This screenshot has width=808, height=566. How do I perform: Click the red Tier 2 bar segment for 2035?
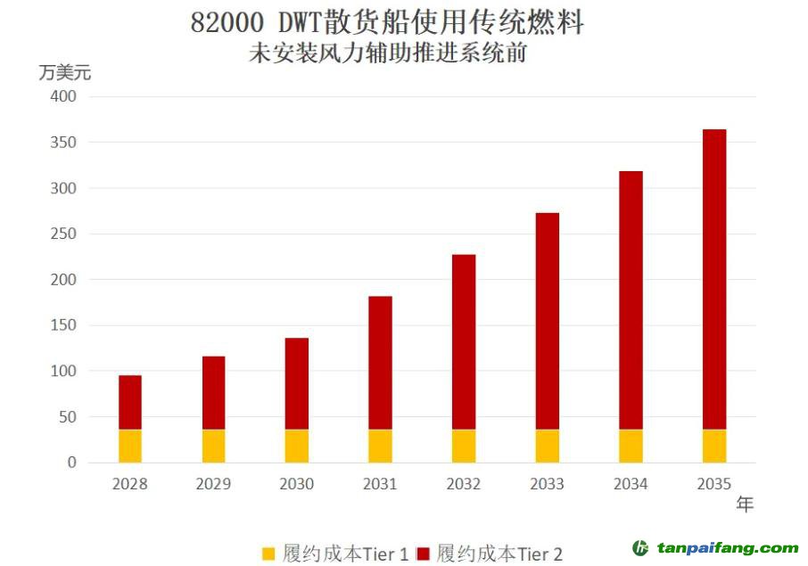pyautogui.click(x=714, y=279)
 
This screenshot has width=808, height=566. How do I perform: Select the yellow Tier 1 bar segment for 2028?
pyautogui.click(x=130, y=446)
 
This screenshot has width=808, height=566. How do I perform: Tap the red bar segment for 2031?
pyautogui.click(x=380, y=363)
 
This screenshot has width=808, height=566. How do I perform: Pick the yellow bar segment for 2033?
pyautogui.click(x=547, y=446)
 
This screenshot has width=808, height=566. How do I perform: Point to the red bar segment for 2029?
pyautogui.click(x=213, y=393)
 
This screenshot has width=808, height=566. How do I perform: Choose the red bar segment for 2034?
pyautogui.click(x=631, y=300)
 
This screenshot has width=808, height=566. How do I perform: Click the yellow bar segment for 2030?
pyautogui.click(x=297, y=446)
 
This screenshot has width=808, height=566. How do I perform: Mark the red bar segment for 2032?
pyautogui.click(x=464, y=342)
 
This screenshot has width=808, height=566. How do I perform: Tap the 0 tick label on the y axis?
pyautogui.click(x=72, y=463)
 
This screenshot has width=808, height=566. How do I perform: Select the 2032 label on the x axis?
pyautogui.click(x=464, y=484)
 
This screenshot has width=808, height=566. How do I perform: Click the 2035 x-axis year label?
pyautogui.click(x=714, y=484)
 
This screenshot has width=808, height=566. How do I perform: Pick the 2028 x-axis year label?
pyautogui.click(x=130, y=484)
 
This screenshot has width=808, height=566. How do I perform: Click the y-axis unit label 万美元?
pyautogui.click(x=64, y=71)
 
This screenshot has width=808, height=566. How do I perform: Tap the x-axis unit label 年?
pyautogui.click(x=745, y=504)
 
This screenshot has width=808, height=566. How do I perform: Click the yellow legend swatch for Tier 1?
pyautogui.click(x=268, y=554)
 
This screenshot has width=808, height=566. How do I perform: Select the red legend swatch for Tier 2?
pyautogui.click(x=424, y=554)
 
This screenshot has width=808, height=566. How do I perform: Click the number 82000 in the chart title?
pyautogui.click(x=223, y=23)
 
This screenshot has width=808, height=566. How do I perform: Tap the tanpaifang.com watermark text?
pyautogui.click(x=727, y=548)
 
